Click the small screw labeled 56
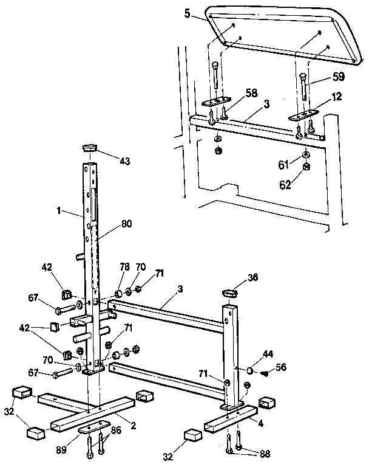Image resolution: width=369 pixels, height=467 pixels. [264, 374]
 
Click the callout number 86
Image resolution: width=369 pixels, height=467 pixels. [115, 429]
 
